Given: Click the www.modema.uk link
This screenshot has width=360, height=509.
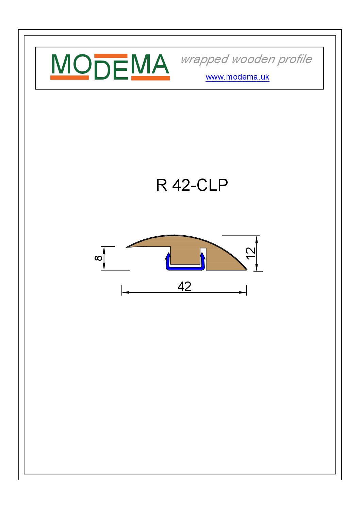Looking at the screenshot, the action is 237,77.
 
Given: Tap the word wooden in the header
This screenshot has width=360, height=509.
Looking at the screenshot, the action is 253,59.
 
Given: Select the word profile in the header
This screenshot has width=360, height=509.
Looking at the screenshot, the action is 295,60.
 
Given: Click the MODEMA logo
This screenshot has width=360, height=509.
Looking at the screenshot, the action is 110,67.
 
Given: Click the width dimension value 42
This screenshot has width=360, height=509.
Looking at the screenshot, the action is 184,286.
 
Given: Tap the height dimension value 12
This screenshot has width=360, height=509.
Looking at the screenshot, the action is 250,253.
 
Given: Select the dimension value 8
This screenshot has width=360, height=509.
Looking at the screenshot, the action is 98,258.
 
